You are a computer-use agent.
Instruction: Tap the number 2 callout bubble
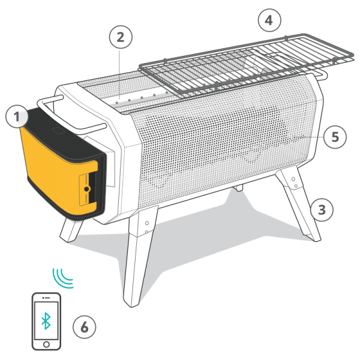coord(121,37)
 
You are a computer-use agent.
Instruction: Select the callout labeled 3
coord(322,209)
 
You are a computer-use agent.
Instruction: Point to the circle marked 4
coord(268,20)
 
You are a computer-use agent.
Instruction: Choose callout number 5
coord(334,137)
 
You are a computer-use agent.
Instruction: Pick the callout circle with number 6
coord(84,328)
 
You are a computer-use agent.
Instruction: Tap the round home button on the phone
coord(46,345)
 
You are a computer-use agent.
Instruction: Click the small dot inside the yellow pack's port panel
coord(88,188)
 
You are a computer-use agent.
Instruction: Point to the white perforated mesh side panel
coord(222,144)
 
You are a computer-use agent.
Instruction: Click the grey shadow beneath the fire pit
coord(198,240)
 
